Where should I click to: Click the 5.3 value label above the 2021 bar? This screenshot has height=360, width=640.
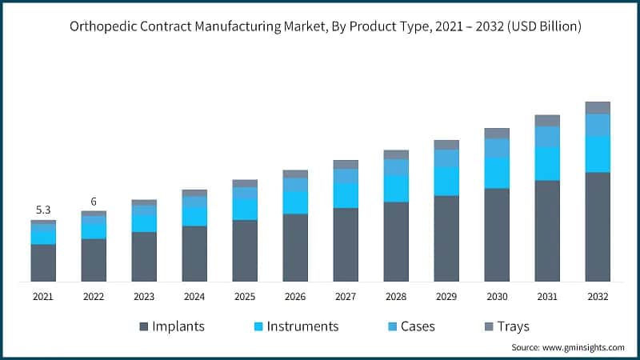point(43,210)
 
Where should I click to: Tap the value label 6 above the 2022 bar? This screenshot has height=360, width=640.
point(94,202)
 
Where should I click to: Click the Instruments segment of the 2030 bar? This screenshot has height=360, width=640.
point(497,173)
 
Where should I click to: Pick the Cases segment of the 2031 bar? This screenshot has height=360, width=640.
point(547,137)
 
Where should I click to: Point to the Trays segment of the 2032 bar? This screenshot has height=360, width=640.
point(598,107)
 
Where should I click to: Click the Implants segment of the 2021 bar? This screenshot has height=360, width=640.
point(43,262)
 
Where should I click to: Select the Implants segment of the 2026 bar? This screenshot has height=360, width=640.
point(295,247)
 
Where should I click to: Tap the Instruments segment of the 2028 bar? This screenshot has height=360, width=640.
point(396,188)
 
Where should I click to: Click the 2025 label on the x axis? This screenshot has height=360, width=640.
point(245,296)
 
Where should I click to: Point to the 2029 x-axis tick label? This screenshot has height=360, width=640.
point(446,296)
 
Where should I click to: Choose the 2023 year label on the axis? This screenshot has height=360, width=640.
point(144,296)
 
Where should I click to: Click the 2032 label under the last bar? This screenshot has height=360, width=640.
point(598,296)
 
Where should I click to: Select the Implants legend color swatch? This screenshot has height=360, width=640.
point(144,326)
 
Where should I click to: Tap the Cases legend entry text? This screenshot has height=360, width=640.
point(418,326)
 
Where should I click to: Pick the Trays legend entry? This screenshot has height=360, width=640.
point(512,326)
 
